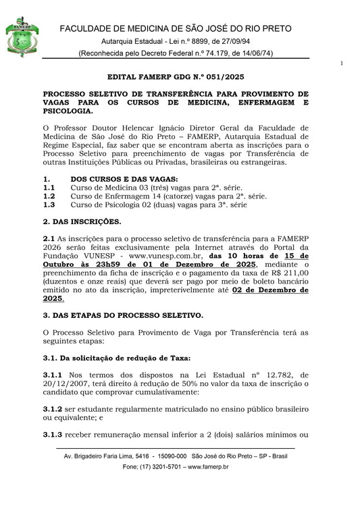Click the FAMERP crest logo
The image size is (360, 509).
tap(22, 36)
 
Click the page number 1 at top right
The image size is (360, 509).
tap(342, 64)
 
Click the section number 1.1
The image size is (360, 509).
tap(49, 187)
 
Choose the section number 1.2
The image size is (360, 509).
tap(49, 196)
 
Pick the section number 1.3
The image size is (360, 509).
tap(49, 205)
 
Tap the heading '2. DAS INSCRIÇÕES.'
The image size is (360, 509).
tap(82, 221)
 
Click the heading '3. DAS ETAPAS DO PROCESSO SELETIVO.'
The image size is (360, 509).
tap(122, 315)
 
